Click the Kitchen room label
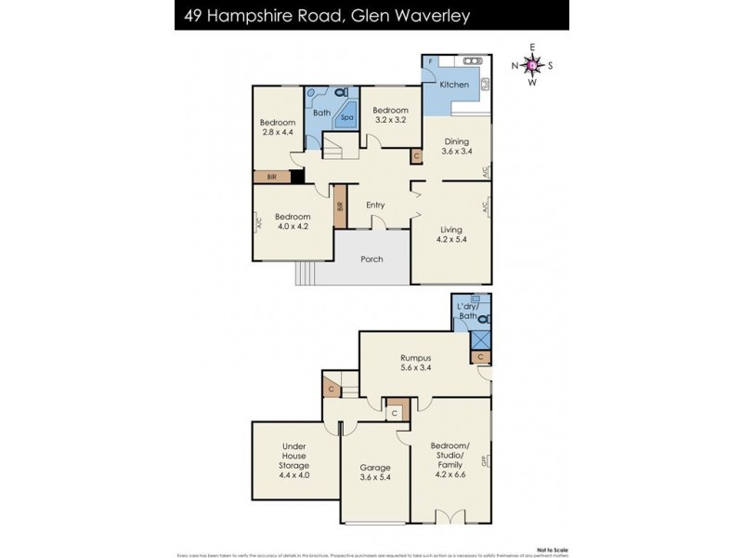(453, 85)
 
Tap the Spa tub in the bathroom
(347, 118)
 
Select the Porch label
(371, 259)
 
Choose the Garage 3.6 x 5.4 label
(375, 473)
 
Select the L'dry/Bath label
(467, 312)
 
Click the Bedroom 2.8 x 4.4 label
(277, 127)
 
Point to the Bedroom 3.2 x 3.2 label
(391, 114)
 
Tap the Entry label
(375, 206)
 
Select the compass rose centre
(531, 65)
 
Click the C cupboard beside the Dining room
(416, 157)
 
